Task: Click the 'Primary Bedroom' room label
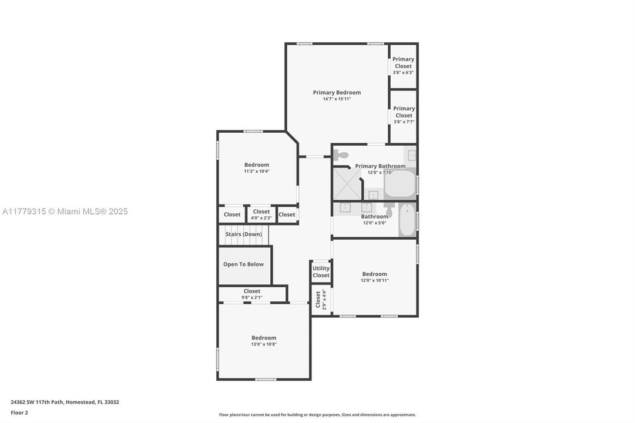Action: (337, 92)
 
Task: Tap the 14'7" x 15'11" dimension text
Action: (337, 99)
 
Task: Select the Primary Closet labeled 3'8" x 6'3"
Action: (404, 65)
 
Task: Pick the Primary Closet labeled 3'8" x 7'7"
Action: (404, 115)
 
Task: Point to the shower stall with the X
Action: (347, 183)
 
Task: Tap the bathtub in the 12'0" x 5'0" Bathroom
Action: (407, 220)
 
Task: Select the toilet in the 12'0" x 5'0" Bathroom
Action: (389, 208)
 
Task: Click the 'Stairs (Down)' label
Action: (244, 234)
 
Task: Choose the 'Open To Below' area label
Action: (243, 264)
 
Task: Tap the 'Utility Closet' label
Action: (321, 272)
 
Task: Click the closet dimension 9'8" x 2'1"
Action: (252, 298)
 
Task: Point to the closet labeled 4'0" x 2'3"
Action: (261, 214)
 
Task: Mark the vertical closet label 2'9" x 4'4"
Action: (321, 300)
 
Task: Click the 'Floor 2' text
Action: (19, 412)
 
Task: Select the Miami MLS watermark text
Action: (65, 211)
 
